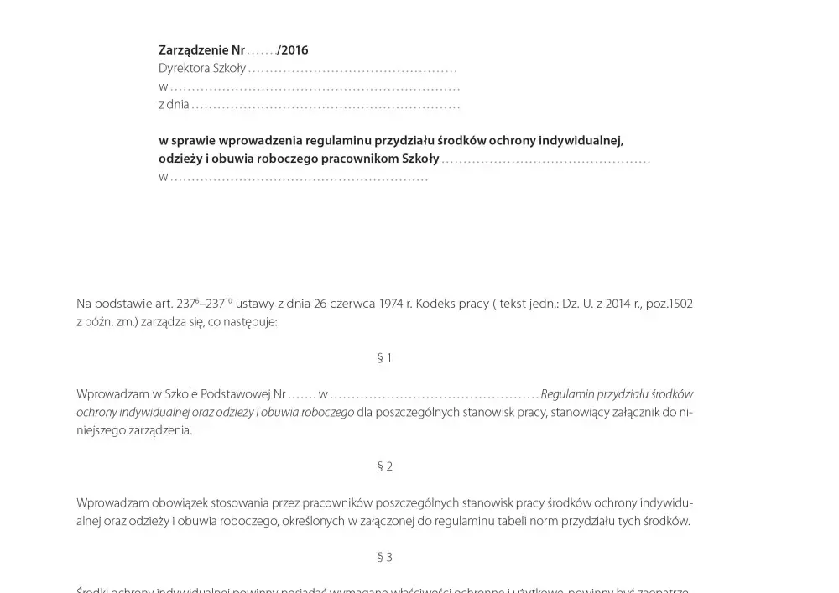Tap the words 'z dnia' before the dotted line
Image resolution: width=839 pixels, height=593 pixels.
point(174,105)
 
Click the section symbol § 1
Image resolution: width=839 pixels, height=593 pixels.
point(384,358)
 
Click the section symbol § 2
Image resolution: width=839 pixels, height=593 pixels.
point(384,466)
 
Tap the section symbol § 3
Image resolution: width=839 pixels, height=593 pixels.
point(384,557)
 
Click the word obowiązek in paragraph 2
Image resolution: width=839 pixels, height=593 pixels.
point(180,503)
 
